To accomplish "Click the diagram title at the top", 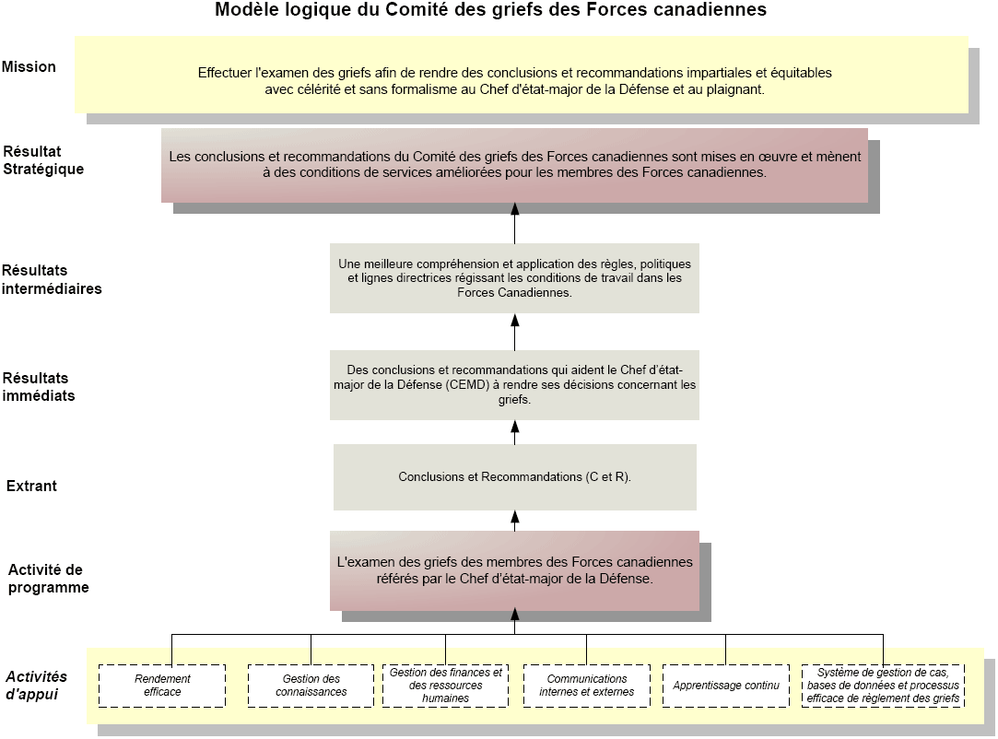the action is [490, 9].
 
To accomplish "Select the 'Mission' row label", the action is [29, 67].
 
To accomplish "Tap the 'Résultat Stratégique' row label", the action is [43, 160].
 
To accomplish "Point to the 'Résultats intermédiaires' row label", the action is [52, 279].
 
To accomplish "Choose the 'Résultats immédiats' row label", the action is [38, 386].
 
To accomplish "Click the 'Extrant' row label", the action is [31, 486].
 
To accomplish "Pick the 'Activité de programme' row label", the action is [48, 579].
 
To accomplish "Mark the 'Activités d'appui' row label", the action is [36, 685].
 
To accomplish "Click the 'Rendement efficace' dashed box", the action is [162, 686].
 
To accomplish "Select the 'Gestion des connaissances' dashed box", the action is [311, 686].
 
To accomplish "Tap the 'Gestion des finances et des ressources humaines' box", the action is [445, 686].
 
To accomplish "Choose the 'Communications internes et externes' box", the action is [587, 686].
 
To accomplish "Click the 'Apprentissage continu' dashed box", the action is [726, 686].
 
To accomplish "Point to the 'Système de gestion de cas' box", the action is [883, 686].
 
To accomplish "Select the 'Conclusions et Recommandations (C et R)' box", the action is [515, 476].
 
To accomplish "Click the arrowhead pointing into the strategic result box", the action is [515, 209].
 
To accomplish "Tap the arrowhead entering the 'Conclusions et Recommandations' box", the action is [515, 516].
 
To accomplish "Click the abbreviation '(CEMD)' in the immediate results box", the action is [467, 384].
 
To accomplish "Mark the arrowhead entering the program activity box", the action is [515, 615].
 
